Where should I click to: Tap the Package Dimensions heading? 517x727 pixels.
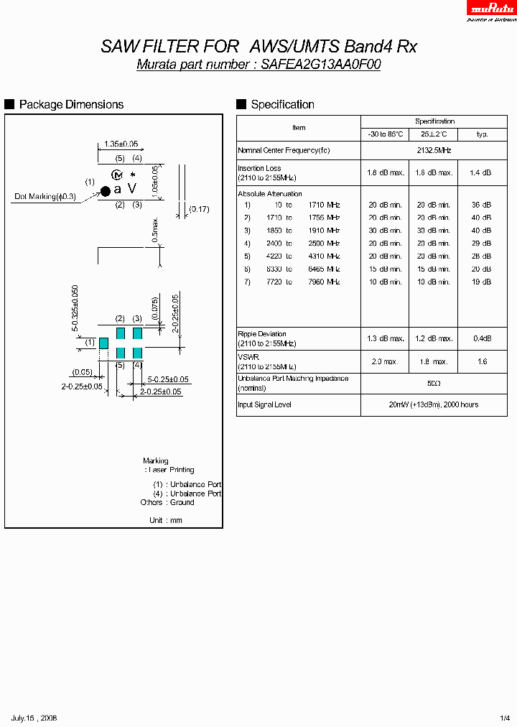[71, 105]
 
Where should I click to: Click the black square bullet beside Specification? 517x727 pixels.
[241, 104]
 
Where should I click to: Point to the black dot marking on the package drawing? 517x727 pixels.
[105, 190]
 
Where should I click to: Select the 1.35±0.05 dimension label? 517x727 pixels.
[121, 144]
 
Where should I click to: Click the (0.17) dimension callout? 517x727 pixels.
[199, 209]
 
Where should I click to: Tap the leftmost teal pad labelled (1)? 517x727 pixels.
[103, 343]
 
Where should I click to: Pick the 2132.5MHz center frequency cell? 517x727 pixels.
[434, 150]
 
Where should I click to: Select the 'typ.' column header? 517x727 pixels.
[482, 134]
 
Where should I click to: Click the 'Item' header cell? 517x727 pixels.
[299, 128]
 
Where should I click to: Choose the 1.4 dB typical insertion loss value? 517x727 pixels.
[481, 173]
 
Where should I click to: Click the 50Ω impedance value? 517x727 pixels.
[434, 384]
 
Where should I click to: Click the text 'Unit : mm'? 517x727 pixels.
[166, 520]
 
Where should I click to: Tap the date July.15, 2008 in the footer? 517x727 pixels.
[34, 718]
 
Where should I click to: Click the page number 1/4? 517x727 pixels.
[504, 718]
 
